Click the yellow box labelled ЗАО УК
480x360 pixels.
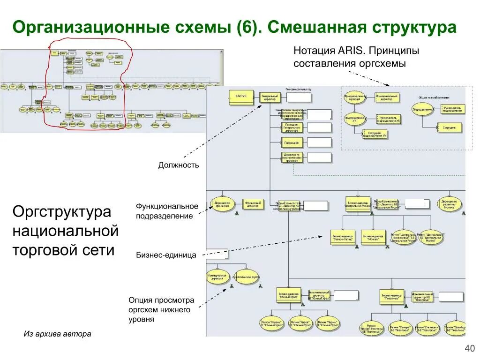click(241, 97)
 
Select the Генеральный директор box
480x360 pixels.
click(270, 97)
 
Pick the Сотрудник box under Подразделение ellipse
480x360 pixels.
click(450, 127)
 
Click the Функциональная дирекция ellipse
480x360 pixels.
click(352, 97)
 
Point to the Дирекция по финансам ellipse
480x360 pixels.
click(222, 204)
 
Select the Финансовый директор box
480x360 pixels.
click(254, 204)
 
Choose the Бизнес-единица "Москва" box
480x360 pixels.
click(373, 237)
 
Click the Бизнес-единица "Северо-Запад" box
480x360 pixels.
click(343, 237)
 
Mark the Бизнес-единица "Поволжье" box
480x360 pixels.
click(392, 296)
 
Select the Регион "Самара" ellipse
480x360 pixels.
click(399, 328)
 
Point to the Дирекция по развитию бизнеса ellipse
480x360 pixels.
click(450, 204)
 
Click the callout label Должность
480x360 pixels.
click(178, 165)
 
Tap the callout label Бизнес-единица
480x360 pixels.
click(166, 255)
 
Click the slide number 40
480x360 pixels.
click(469, 348)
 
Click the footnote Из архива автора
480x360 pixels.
click(57, 334)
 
